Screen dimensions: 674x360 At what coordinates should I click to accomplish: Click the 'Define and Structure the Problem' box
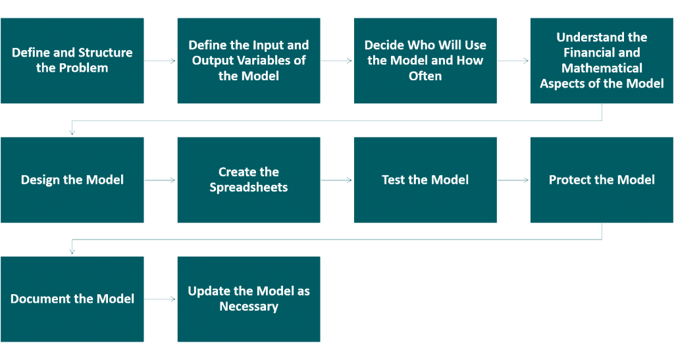[x=72, y=61]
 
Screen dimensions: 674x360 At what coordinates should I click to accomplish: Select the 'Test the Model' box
[x=425, y=180]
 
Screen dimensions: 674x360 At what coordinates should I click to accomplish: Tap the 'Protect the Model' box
[x=602, y=180]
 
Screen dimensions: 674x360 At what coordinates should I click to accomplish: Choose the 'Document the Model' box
[x=72, y=299]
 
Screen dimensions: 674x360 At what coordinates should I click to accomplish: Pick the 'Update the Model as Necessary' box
[x=249, y=299]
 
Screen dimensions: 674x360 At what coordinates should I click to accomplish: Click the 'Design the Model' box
[x=72, y=180]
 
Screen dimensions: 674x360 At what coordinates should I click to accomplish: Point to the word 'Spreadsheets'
[x=249, y=188]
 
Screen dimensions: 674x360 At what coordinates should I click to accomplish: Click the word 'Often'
[x=425, y=76]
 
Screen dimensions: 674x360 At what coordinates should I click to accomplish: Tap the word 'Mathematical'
[x=602, y=68]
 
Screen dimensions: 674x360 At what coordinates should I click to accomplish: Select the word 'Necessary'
[x=249, y=307]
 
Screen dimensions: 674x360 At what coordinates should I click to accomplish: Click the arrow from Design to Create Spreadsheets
[x=160, y=180]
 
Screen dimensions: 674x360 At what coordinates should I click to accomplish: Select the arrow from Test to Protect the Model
[x=513, y=180]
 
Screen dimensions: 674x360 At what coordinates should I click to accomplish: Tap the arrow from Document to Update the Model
[x=160, y=299]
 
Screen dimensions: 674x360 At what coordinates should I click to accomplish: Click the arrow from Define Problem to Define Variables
[x=160, y=61]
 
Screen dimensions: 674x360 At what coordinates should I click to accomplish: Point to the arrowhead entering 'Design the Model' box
[x=72, y=132]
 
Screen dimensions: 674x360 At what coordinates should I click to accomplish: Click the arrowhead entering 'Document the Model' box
[x=72, y=251]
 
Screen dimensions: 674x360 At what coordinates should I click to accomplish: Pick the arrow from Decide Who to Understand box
[x=513, y=61]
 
